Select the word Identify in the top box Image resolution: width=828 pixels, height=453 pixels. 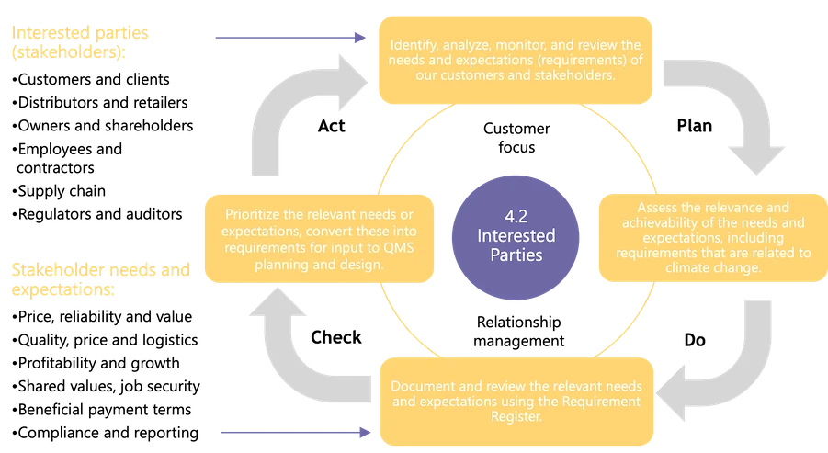pyautogui.click(x=413, y=45)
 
